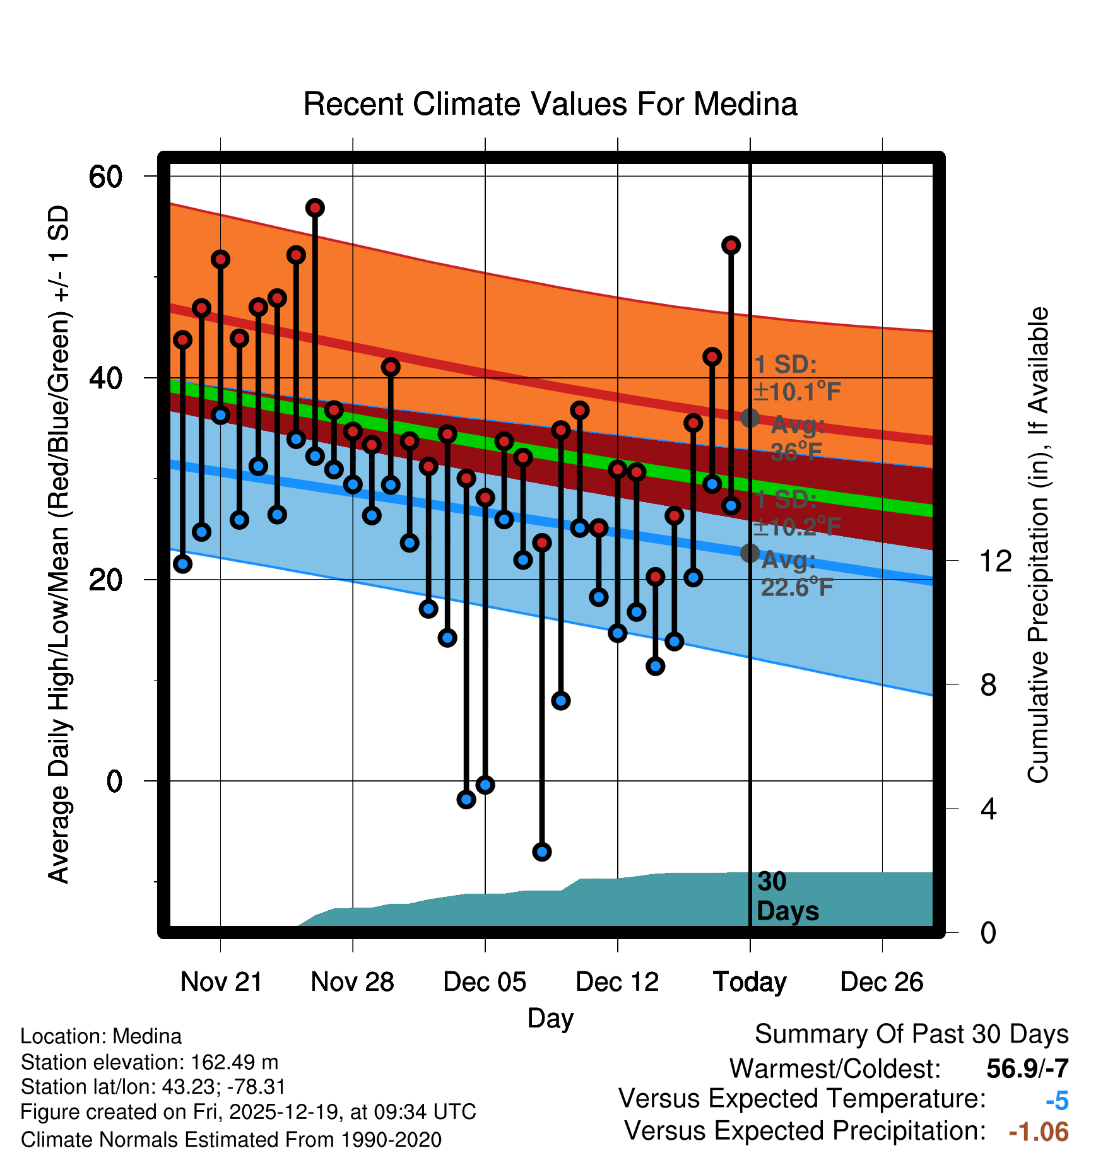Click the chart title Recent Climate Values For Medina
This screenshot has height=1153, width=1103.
click(x=550, y=104)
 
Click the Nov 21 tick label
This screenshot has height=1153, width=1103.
click(x=221, y=982)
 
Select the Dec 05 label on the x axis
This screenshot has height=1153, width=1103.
click(x=485, y=982)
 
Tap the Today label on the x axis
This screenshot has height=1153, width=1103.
click(x=750, y=982)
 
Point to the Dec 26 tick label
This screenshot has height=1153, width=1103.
click(x=882, y=982)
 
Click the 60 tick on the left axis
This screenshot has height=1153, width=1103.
click(x=105, y=177)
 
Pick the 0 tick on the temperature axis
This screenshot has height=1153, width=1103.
click(x=114, y=781)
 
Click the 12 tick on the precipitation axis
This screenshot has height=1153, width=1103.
click(x=995, y=561)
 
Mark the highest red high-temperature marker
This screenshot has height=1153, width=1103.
click(x=315, y=208)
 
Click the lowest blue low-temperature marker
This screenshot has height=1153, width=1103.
click(x=541, y=852)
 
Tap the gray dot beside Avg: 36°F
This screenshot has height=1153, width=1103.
click(x=750, y=418)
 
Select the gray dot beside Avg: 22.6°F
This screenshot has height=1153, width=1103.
click(x=750, y=553)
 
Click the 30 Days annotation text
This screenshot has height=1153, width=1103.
click(x=787, y=896)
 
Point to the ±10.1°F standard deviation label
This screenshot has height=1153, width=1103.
click(x=797, y=392)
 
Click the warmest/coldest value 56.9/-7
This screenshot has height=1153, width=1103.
click(x=1027, y=1068)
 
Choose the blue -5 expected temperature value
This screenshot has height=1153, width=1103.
click(x=1057, y=1101)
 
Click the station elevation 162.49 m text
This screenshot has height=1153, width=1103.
click(x=150, y=1062)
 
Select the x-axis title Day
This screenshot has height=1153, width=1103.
click(x=550, y=1018)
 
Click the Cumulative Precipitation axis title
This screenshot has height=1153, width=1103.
click(x=1038, y=545)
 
